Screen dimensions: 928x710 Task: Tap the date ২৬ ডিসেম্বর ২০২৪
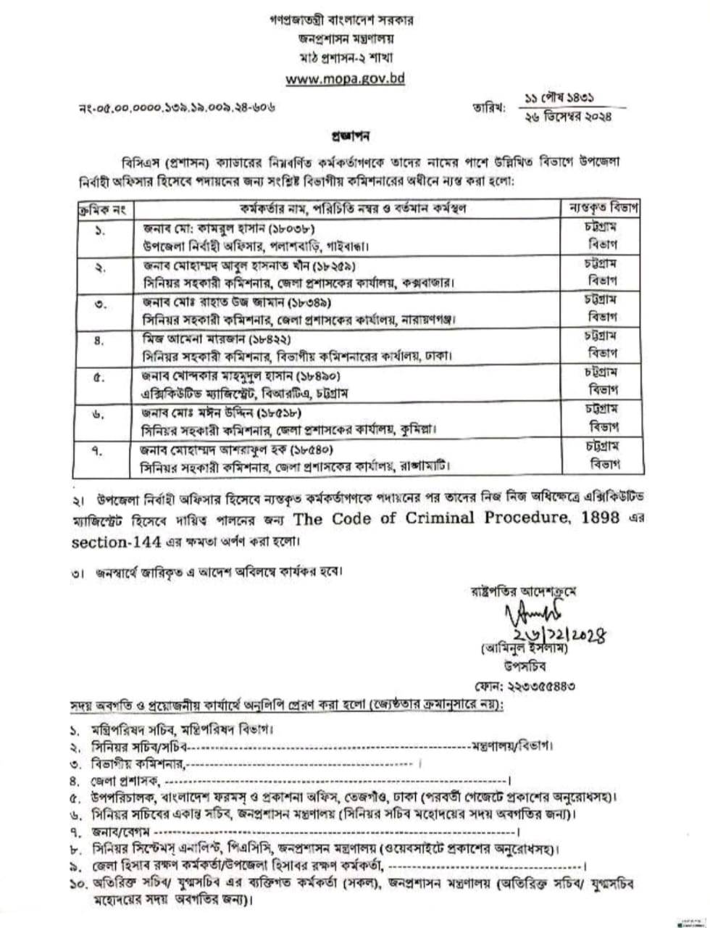point(569,115)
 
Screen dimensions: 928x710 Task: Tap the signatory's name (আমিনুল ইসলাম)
point(519,648)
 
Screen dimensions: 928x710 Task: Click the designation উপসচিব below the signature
point(519,665)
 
